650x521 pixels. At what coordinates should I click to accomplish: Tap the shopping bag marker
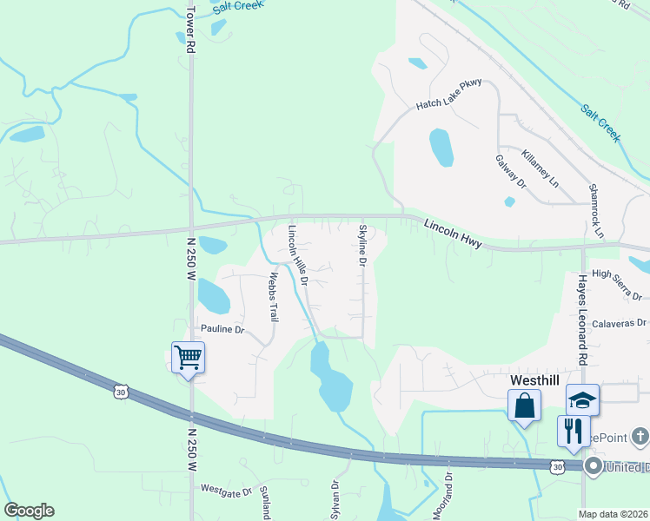525,406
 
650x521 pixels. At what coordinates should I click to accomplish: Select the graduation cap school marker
583,399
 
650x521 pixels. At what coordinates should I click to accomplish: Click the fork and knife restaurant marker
573,431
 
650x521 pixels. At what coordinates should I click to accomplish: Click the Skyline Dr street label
363,246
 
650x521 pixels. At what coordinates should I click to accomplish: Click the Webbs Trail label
273,297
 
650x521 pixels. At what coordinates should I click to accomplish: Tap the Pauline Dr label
223,330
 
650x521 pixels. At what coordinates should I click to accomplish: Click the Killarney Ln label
540,168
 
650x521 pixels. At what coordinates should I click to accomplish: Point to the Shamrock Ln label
595,211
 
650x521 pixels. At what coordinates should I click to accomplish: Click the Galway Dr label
511,171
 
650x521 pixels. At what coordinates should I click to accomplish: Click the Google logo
29,511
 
